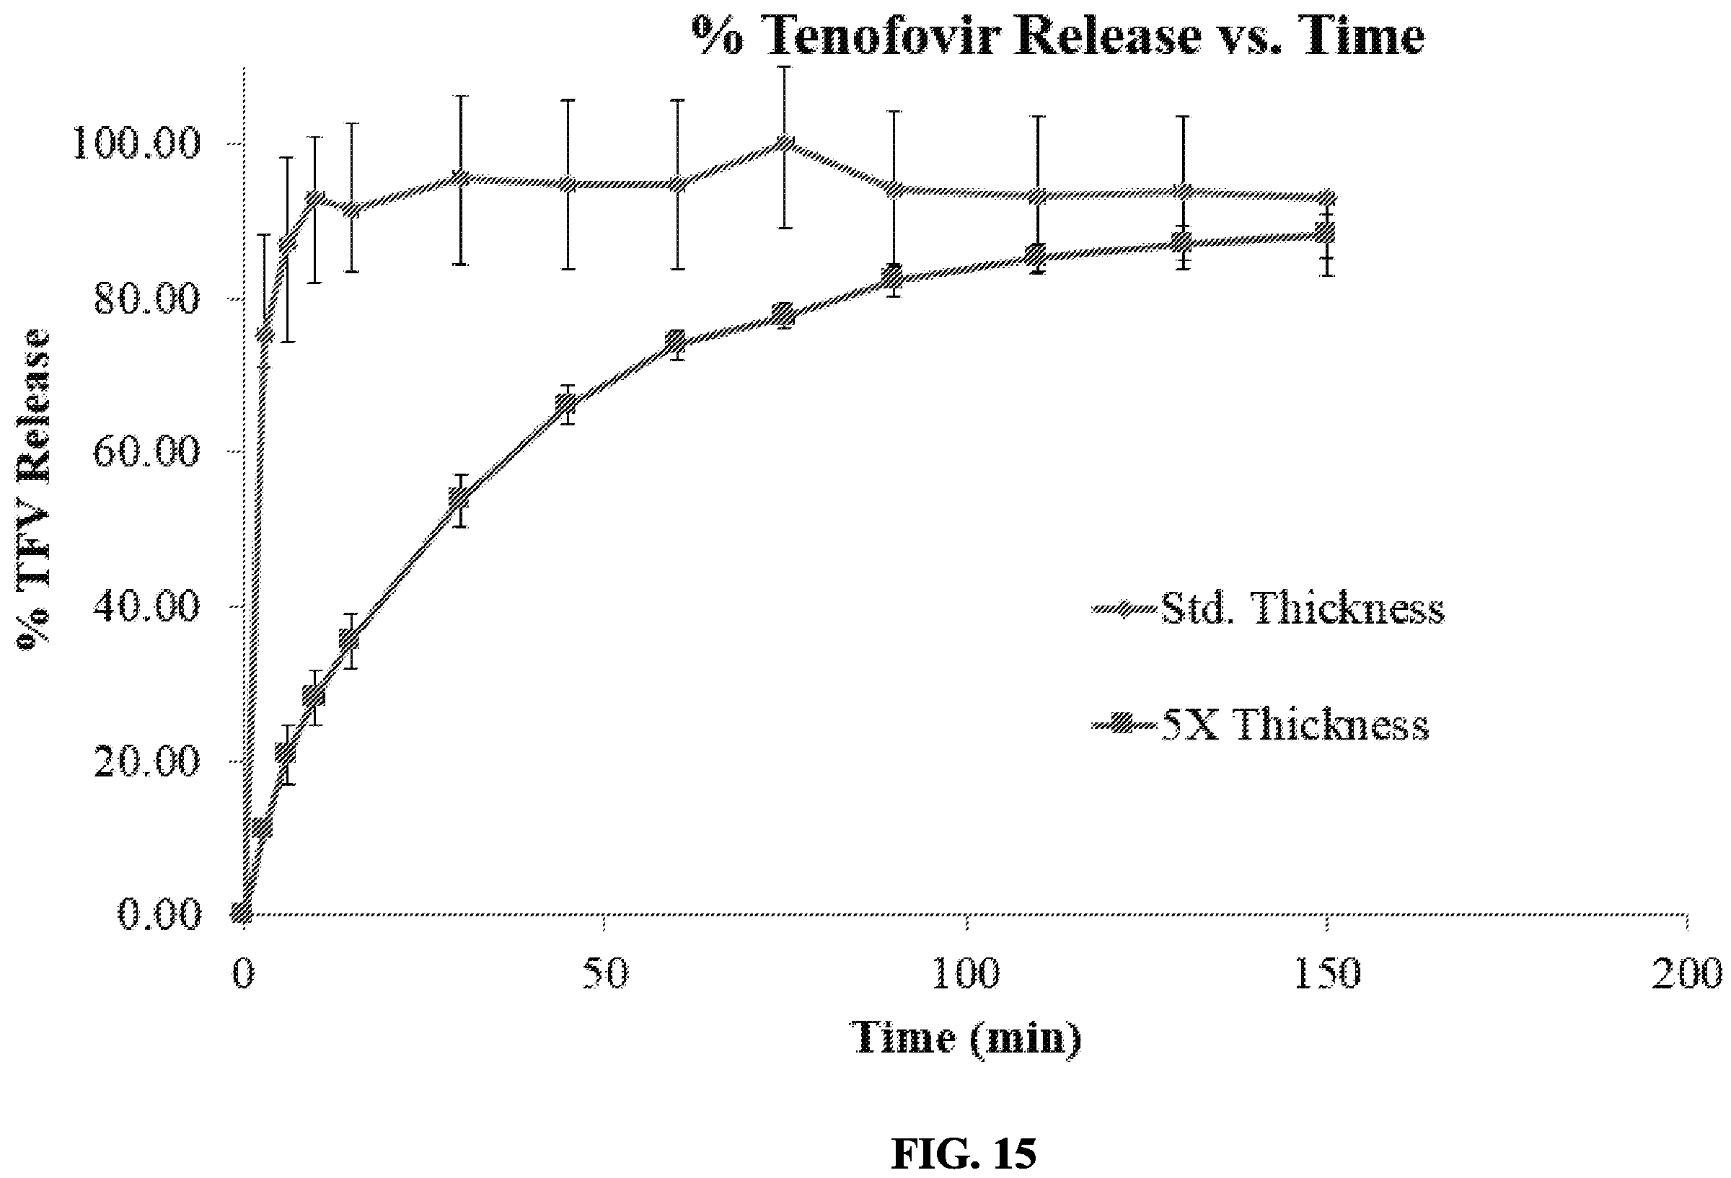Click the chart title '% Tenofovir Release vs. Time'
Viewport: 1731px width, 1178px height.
point(1058,35)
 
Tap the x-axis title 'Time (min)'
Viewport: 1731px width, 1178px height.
point(965,1037)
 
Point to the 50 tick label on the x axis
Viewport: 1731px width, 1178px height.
point(605,974)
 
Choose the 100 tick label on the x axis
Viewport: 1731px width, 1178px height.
point(966,974)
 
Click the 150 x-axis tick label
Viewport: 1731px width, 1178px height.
point(1326,974)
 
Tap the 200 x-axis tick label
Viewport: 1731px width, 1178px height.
point(1687,974)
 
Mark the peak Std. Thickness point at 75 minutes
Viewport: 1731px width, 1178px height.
point(783,143)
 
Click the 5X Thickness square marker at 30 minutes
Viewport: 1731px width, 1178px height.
point(459,497)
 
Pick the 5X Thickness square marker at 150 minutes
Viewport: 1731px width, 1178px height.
point(1326,233)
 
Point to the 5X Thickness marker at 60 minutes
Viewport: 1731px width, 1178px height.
point(676,342)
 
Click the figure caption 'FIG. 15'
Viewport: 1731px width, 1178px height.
point(964,1153)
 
